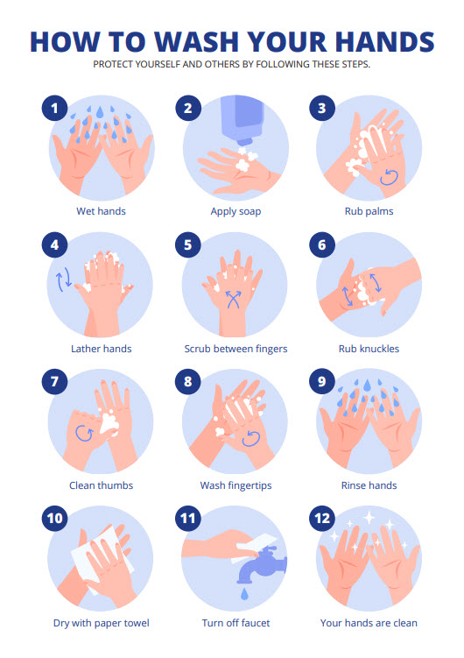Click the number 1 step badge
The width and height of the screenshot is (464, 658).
pyautogui.click(x=54, y=109)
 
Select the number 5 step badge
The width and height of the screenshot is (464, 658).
pyautogui.click(x=187, y=245)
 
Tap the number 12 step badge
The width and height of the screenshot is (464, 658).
pyautogui.click(x=322, y=519)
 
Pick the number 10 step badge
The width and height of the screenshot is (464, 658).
pyautogui.click(x=54, y=519)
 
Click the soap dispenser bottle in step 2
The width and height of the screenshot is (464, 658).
pyautogui.click(x=243, y=120)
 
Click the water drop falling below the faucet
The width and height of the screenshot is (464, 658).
pyautogui.click(x=244, y=594)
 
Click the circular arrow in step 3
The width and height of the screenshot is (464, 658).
pyautogui.click(x=389, y=178)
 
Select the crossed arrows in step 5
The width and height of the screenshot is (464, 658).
pyautogui.click(x=234, y=300)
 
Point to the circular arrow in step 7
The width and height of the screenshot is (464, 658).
pyautogui.click(x=84, y=433)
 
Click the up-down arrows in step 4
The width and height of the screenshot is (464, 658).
pyautogui.click(x=64, y=280)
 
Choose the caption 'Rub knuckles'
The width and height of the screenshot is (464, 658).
pyautogui.click(x=369, y=349)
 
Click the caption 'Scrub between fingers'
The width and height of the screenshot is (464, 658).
pyautogui.click(x=236, y=349)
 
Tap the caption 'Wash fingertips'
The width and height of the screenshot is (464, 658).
pyautogui.click(x=236, y=485)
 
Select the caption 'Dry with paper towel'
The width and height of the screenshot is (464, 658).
pyautogui.click(x=102, y=623)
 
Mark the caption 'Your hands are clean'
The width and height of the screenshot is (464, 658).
pyautogui.click(x=369, y=623)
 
